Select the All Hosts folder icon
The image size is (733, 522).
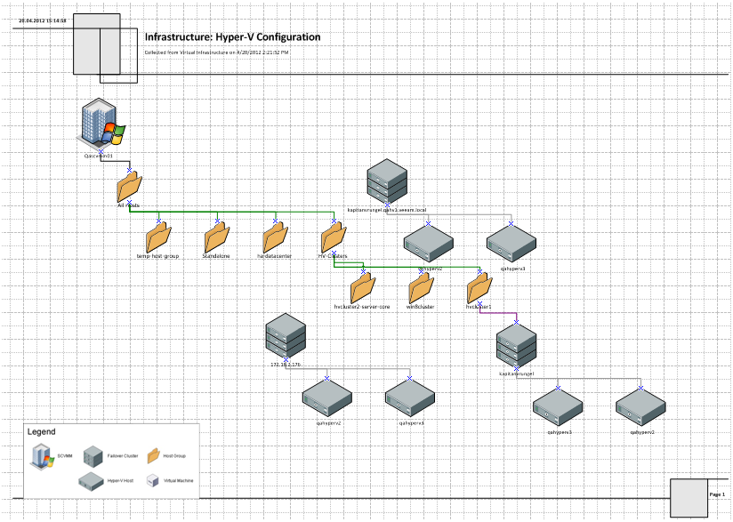point(129,187)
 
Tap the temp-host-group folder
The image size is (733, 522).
point(158,237)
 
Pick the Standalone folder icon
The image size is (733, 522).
point(216,237)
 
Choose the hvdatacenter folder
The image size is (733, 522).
point(275,237)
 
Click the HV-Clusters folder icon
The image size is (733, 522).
point(334,237)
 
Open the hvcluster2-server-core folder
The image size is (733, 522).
point(362,287)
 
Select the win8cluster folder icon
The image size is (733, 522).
point(421,287)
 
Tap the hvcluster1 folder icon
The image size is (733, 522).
point(479,287)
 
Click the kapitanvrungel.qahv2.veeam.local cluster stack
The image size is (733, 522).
point(387,181)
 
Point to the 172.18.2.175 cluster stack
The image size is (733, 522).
point(286,337)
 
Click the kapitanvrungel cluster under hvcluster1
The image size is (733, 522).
point(517,346)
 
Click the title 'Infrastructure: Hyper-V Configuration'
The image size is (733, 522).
point(232,37)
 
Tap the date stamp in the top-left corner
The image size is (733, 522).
point(43,20)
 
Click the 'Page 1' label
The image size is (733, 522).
point(717,494)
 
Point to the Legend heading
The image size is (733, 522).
point(42,431)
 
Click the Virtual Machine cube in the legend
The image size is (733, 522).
point(152,480)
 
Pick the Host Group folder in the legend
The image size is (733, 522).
point(152,455)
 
